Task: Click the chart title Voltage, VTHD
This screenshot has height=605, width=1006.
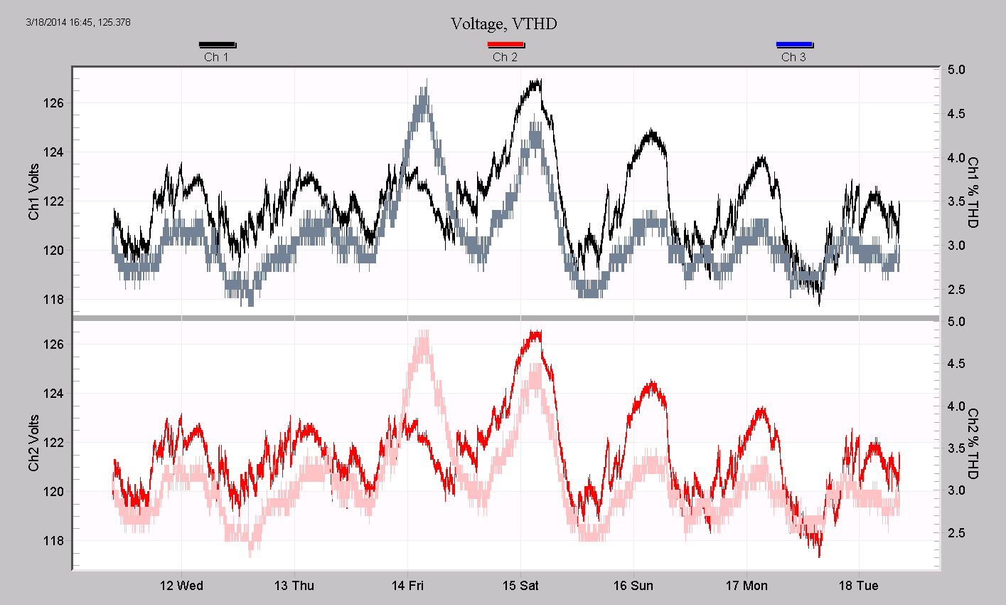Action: click(x=503, y=24)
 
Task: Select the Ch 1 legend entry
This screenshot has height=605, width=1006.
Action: click(x=217, y=52)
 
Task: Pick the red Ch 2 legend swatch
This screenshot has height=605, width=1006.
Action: click(x=505, y=45)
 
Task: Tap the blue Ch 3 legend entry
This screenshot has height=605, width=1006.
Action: click(x=794, y=52)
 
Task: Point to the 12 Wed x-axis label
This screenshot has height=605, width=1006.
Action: click(x=181, y=586)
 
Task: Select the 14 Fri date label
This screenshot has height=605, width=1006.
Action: click(x=407, y=586)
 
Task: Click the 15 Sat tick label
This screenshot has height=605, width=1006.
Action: click(x=520, y=586)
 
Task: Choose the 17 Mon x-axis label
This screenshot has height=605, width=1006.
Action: click(x=747, y=586)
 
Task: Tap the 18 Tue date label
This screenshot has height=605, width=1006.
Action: click(x=859, y=586)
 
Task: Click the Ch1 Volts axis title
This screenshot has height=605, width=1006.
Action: click(x=34, y=191)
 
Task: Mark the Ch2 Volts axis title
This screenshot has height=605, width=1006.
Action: click(x=34, y=443)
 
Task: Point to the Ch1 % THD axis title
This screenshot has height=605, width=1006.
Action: click(x=973, y=193)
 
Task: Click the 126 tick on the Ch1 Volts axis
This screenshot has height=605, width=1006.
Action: click(x=53, y=103)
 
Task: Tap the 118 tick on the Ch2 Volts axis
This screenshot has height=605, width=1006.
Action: click(x=53, y=541)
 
